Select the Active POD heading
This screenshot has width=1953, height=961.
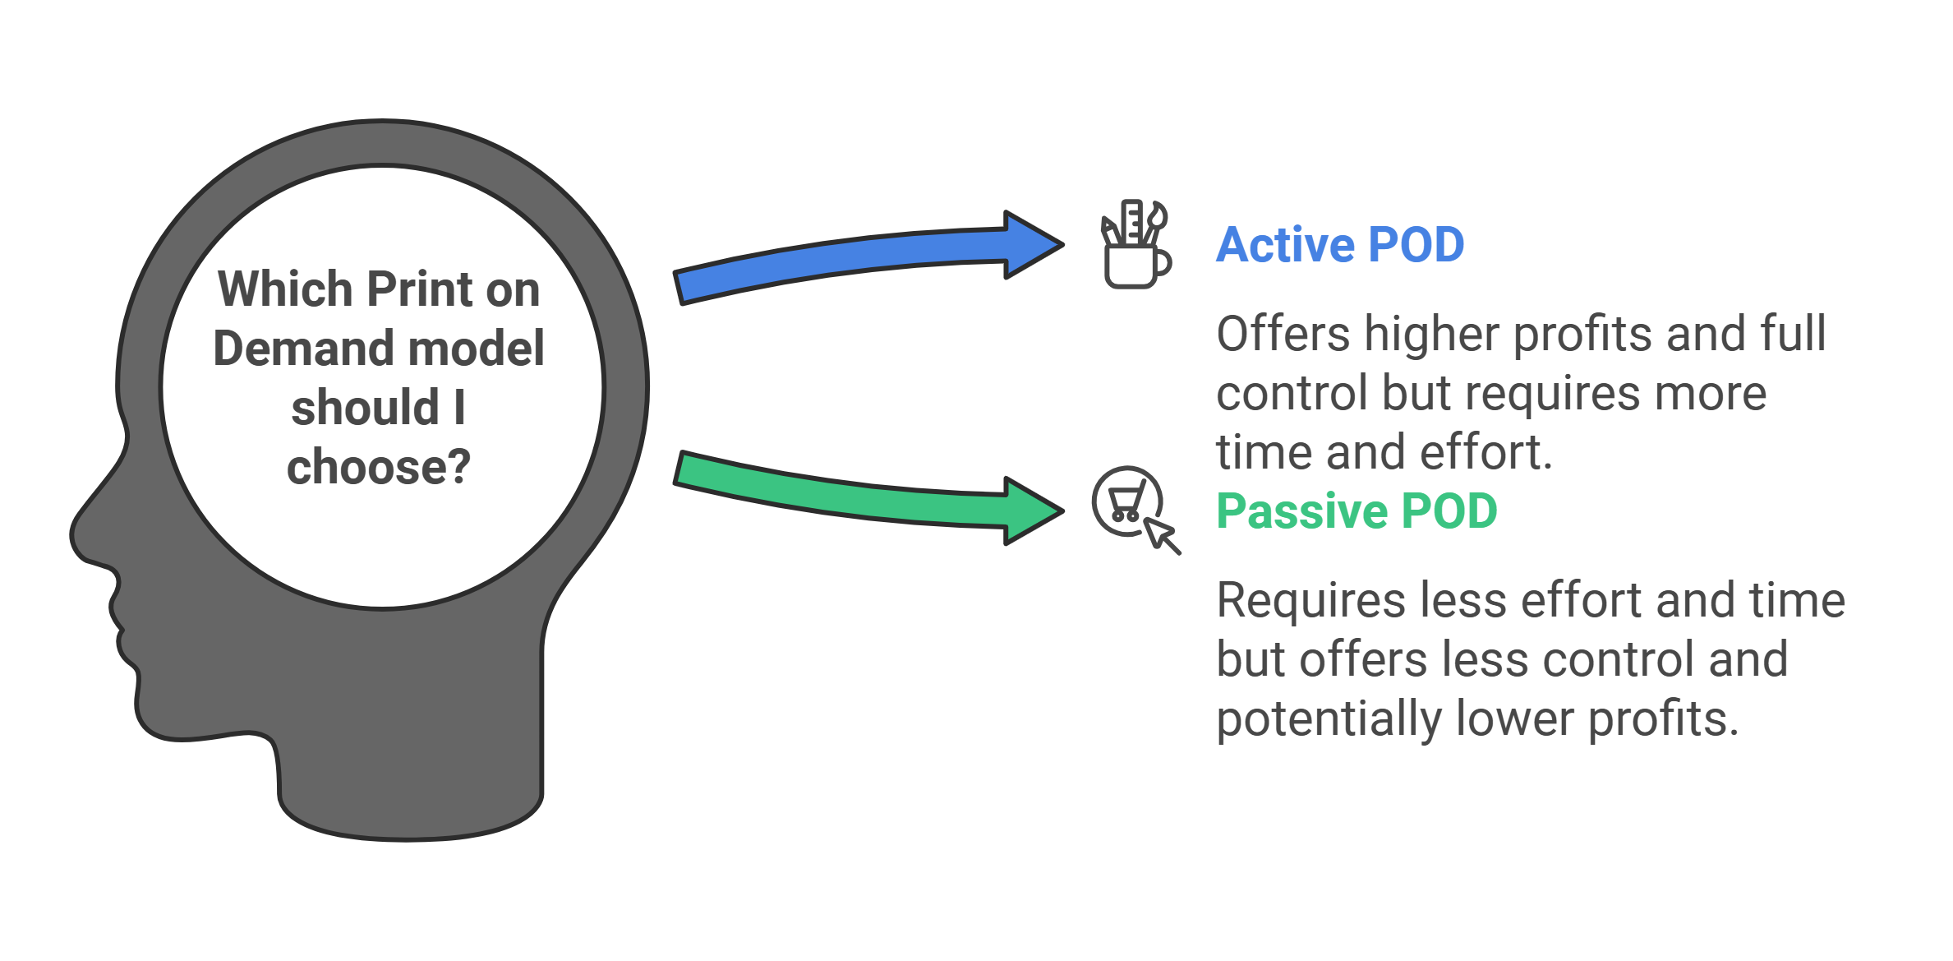1339,245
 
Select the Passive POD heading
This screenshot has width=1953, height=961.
1357,511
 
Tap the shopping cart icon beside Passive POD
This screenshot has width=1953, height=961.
1126,501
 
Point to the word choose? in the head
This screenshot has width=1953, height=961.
379,467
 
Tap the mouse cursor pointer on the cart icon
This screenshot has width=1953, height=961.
1162,535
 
